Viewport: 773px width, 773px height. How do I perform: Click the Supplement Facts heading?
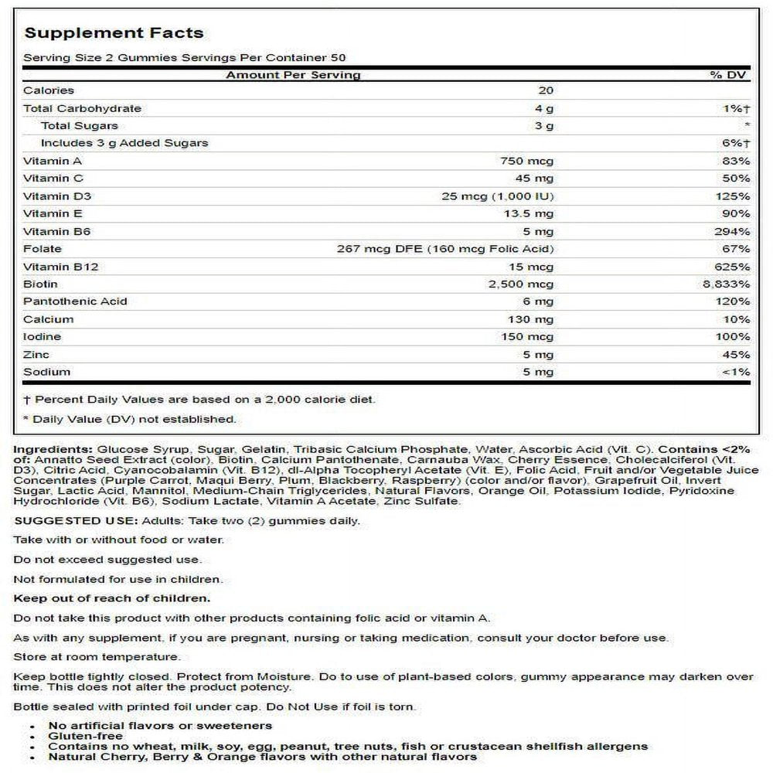coord(114,32)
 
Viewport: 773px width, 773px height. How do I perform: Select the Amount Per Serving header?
coord(293,75)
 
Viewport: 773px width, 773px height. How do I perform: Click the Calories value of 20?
coord(546,91)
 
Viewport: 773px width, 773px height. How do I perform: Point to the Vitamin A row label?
coord(53,161)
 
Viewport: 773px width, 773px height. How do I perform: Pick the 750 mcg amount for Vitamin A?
coord(529,161)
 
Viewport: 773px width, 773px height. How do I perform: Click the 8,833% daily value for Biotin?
coord(724,284)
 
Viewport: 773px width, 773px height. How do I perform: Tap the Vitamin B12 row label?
coord(61,267)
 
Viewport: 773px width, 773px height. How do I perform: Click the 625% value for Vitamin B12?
coord(733,267)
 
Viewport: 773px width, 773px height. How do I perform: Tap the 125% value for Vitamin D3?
coord(733,196)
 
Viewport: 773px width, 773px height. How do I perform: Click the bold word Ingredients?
coord(53,449)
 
